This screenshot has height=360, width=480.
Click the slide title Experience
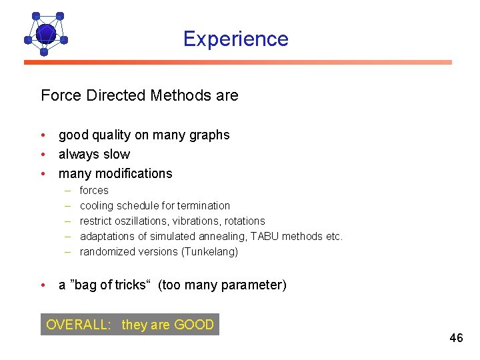point(236,39)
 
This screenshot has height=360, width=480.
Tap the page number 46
point(456,338)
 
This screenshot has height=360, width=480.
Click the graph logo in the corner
point(45,33)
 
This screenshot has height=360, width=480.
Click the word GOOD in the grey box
point(194,325)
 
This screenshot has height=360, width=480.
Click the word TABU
point(265,236)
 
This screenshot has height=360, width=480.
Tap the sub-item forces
point(94,190)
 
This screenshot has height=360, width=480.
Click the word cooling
point(96,205)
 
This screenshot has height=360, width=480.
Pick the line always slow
point(94,154)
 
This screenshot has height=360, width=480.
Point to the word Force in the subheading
point(61,95)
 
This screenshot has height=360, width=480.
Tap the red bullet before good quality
point(43,135)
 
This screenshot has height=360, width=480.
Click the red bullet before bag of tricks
point(43,285)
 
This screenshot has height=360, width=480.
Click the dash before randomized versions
point(68,251)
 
